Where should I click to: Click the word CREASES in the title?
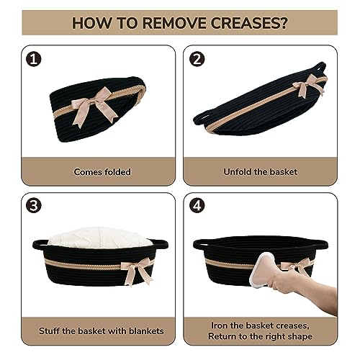click(248, 23)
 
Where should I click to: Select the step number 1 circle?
click(34, 59)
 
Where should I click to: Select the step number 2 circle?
click(197, 59)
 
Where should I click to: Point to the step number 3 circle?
click(34, 205)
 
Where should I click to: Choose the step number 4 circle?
click(197, 205)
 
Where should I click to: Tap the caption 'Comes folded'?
click(102, 172)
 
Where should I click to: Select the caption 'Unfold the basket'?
click(261, 172)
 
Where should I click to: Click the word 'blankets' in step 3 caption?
click(146, 331)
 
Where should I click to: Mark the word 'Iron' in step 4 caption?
click(219, 325)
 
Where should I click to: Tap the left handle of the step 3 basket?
click(40, 243)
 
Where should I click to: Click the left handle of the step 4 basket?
click(199, 243)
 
